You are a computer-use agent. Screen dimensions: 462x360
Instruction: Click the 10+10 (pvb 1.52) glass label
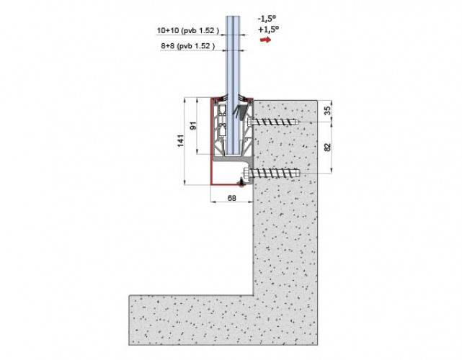click(188, 30)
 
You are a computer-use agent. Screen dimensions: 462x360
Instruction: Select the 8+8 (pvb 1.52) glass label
click(187, 46)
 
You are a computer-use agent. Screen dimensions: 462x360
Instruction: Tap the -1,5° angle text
click(267, 19)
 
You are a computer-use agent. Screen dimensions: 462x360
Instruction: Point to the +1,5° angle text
click(268, 30)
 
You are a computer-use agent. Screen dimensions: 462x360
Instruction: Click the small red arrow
click(265, 40)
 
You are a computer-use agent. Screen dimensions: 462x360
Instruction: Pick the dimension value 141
click(181, 140)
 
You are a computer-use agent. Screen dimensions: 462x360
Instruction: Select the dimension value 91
click(193, 126)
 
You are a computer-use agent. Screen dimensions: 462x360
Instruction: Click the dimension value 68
click(232, 198)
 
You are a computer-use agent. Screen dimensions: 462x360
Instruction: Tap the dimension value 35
click(328, 110)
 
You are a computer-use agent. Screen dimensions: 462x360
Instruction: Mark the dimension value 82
click(327, 147)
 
